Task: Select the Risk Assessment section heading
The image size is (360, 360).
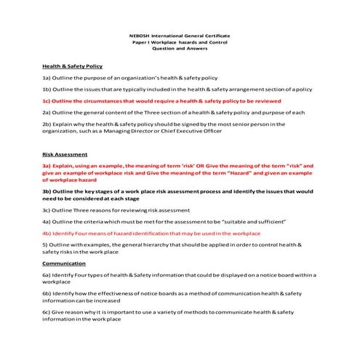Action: [x=65, y=155]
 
